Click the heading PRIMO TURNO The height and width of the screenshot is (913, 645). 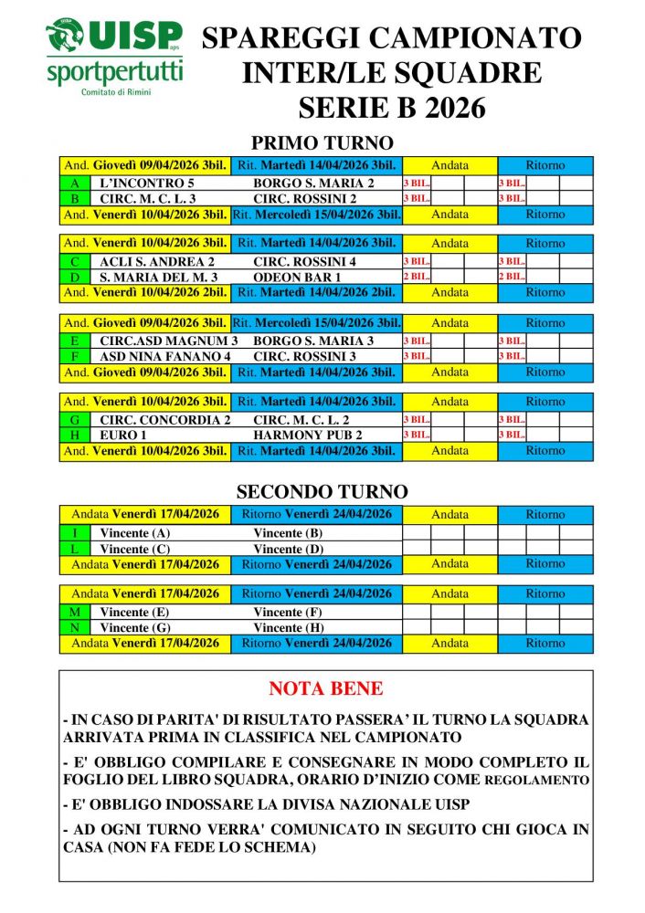click(322, 143)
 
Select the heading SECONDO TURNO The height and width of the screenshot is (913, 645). click(322, 492)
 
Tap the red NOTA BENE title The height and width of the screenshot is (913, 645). click(326, 689)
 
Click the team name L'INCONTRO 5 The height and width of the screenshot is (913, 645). click(146, 183)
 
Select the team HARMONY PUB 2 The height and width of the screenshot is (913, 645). click(307, 435)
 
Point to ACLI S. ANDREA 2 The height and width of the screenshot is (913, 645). click(156, 261)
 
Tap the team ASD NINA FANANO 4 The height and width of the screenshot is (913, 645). click(164, 356)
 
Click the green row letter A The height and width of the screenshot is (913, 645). click(75, 183)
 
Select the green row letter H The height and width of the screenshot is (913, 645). click(75, 435)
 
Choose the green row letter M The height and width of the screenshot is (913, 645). click(75, 612)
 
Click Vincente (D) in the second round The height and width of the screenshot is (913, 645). click(288, 549)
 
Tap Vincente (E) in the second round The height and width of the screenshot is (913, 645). click(135, 612)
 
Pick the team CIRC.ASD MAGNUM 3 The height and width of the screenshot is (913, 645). click(168, 341)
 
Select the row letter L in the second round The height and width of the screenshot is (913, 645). click(75, 549)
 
